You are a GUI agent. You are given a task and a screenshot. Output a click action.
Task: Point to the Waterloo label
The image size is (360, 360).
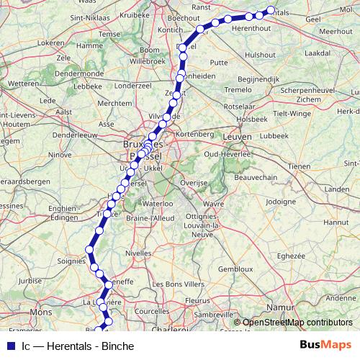158,204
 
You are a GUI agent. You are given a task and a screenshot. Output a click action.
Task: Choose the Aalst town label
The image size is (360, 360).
64,112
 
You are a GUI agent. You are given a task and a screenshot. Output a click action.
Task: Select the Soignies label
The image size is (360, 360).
71,260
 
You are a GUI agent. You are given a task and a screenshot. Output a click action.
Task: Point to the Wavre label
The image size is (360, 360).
211,204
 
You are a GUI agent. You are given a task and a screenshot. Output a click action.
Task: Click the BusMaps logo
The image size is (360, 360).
325,346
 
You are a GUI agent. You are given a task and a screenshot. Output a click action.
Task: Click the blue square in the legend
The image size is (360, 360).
11,346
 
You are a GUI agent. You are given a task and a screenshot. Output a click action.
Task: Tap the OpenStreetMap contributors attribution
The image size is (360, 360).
298,322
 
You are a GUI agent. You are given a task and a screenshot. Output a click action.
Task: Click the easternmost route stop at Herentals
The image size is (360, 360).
271,10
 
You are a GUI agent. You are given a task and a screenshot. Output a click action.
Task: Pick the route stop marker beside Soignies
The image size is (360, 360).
90,249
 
